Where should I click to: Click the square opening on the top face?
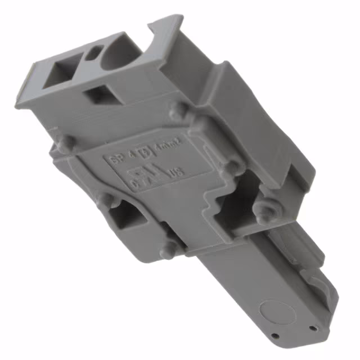[x=62, y=73]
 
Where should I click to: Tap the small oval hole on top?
[x=94, y=53]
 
